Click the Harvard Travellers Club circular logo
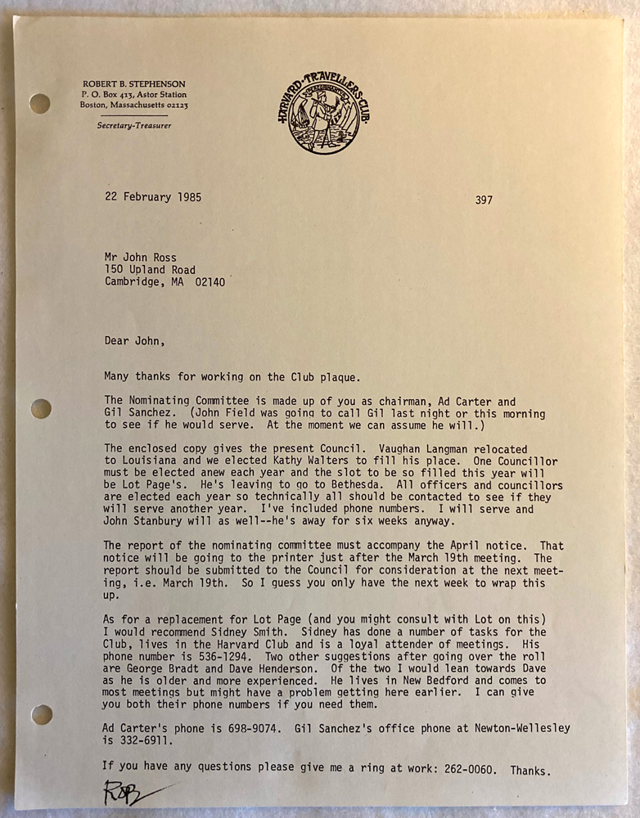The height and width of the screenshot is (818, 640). pos(321,114)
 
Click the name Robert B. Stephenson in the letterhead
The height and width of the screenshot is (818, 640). pos(133,84)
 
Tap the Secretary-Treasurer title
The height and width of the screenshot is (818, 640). pos(133,125)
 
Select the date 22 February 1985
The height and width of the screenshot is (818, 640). pos(152,197)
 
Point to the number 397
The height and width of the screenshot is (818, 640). pos(484,200)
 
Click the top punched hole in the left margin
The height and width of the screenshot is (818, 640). pos(39,104)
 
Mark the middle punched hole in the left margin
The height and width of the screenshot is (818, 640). pos(40,408)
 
